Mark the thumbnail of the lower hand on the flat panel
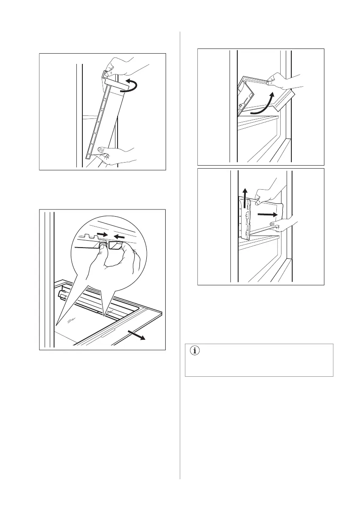[x=273, y=224]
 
